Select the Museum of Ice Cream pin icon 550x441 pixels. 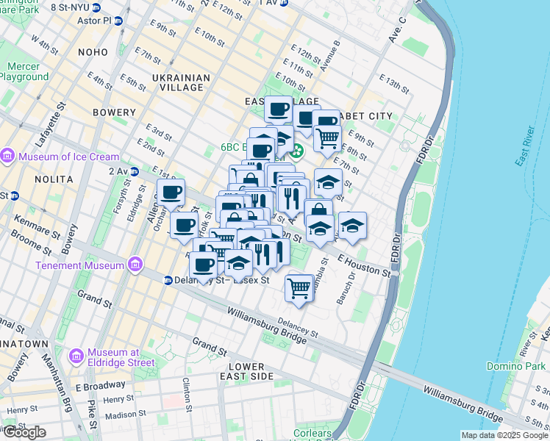(8, 156)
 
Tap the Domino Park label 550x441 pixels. (514, 365)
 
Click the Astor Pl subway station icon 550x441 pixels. (118, 21)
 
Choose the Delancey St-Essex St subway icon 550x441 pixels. (168, 280)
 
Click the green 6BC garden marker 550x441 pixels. (296, 152)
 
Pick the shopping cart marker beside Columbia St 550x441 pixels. (299, 287)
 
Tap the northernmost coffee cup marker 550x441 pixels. (279, 110)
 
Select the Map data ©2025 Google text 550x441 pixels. (504, 435)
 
